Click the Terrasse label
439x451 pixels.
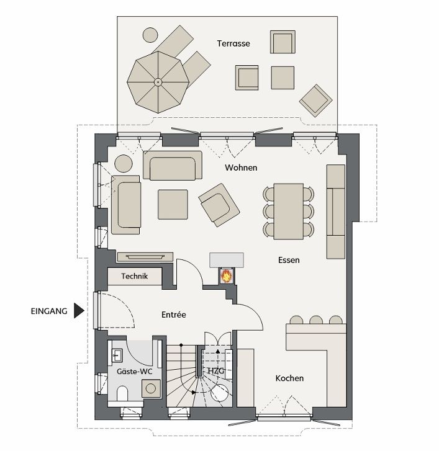pos(233,43)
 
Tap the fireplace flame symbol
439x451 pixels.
pos(227,276)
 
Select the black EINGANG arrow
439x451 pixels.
pos(79,310)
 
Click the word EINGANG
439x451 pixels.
pos(49,311)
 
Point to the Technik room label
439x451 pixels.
pos(135,276)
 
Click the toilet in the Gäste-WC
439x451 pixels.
pos(122,393)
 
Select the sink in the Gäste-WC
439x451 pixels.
pos(117,355)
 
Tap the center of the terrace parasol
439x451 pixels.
pos(158,83)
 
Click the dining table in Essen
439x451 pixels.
pos(289,212)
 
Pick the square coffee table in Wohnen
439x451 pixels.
pos(173,204)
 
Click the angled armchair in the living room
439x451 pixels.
pos(219,205)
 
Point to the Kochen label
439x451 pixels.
pos(289,378)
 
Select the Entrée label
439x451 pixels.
pos(174,315)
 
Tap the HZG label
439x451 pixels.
pos(216,371)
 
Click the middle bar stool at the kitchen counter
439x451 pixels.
pos(316,319)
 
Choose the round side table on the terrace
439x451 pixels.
pos(150,35)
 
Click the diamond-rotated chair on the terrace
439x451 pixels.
pos(316,100)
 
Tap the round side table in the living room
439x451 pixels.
pos(124,164)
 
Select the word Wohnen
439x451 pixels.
pos(241,167)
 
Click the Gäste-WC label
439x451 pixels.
pos(135,372)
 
